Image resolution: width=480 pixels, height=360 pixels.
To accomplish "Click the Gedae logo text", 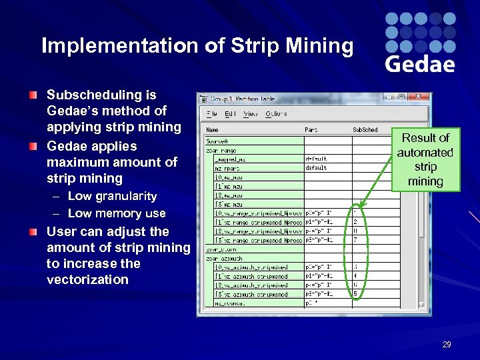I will pos(420,63).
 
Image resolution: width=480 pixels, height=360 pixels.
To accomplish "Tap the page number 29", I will pos(447,345).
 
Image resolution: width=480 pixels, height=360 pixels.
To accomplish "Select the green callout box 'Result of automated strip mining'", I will pos(425,159).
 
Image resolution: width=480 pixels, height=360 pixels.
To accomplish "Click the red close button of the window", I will pos(419,97).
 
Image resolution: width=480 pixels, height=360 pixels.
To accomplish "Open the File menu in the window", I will pos(212,114).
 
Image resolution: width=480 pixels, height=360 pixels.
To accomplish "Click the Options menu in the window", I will pos(276,114).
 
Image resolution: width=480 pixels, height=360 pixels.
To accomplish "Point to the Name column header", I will pos(213,130).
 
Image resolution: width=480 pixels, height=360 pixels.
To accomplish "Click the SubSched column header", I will pos(365,130).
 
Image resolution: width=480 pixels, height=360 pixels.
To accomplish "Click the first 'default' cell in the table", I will pos(316,159).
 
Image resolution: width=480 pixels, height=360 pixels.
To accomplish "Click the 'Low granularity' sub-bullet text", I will pos(112,196).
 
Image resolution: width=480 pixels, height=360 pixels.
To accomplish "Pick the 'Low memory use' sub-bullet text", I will pos(117,213).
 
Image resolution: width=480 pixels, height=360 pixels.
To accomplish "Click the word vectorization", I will pos(87,279).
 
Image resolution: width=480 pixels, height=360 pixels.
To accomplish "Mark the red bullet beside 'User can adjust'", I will pos(33,231).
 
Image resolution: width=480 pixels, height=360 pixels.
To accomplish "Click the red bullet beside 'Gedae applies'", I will pos(33,146).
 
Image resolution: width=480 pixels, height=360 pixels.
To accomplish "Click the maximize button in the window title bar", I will pos(403,97).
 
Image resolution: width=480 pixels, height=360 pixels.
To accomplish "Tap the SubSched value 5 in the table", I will pos(355,293).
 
